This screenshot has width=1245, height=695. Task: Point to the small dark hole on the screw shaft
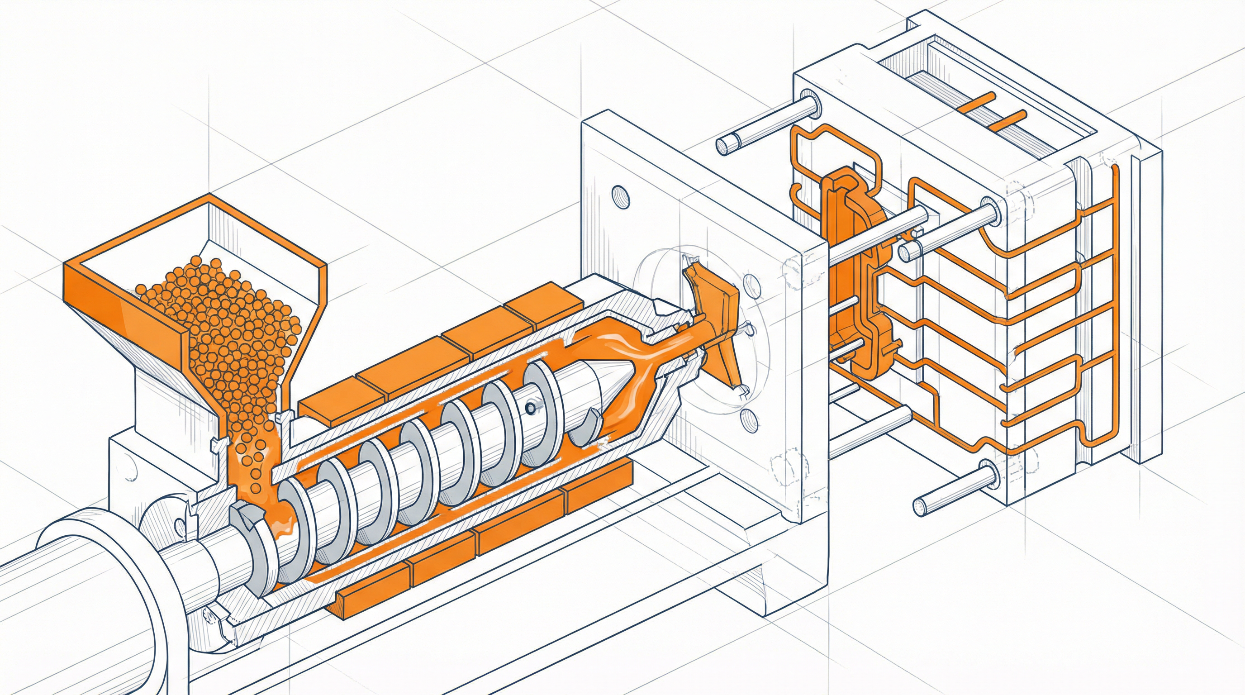(530, 409)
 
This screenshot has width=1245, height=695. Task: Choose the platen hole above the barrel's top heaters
(621, 197)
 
